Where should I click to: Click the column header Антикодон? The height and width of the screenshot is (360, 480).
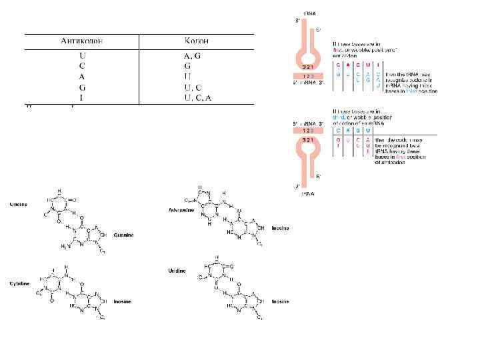(x=81, y=41)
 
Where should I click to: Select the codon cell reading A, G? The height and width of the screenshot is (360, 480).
(x=193, y=56)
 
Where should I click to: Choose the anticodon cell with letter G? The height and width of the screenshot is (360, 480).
(x=81, y=87)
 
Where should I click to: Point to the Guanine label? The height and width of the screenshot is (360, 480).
(x=124, y=235)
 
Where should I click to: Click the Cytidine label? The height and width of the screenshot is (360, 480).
(x=18, y=283)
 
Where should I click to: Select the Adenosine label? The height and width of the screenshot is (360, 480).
(x=181, y=210)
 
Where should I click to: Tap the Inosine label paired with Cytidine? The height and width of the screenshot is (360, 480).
(x=121, y=301)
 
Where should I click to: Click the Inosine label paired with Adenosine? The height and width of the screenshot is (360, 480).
(x=280, y=228)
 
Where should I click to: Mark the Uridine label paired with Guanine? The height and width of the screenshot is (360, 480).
(x=18, y=205)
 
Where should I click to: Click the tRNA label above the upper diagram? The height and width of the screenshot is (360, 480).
(x=310, y=13)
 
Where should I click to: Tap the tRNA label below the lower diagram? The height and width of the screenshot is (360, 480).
(x=307, y=193)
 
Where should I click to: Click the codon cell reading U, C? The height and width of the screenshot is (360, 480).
(x=193, y=87)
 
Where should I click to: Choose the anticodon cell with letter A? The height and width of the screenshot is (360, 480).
(x=81, y=77)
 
